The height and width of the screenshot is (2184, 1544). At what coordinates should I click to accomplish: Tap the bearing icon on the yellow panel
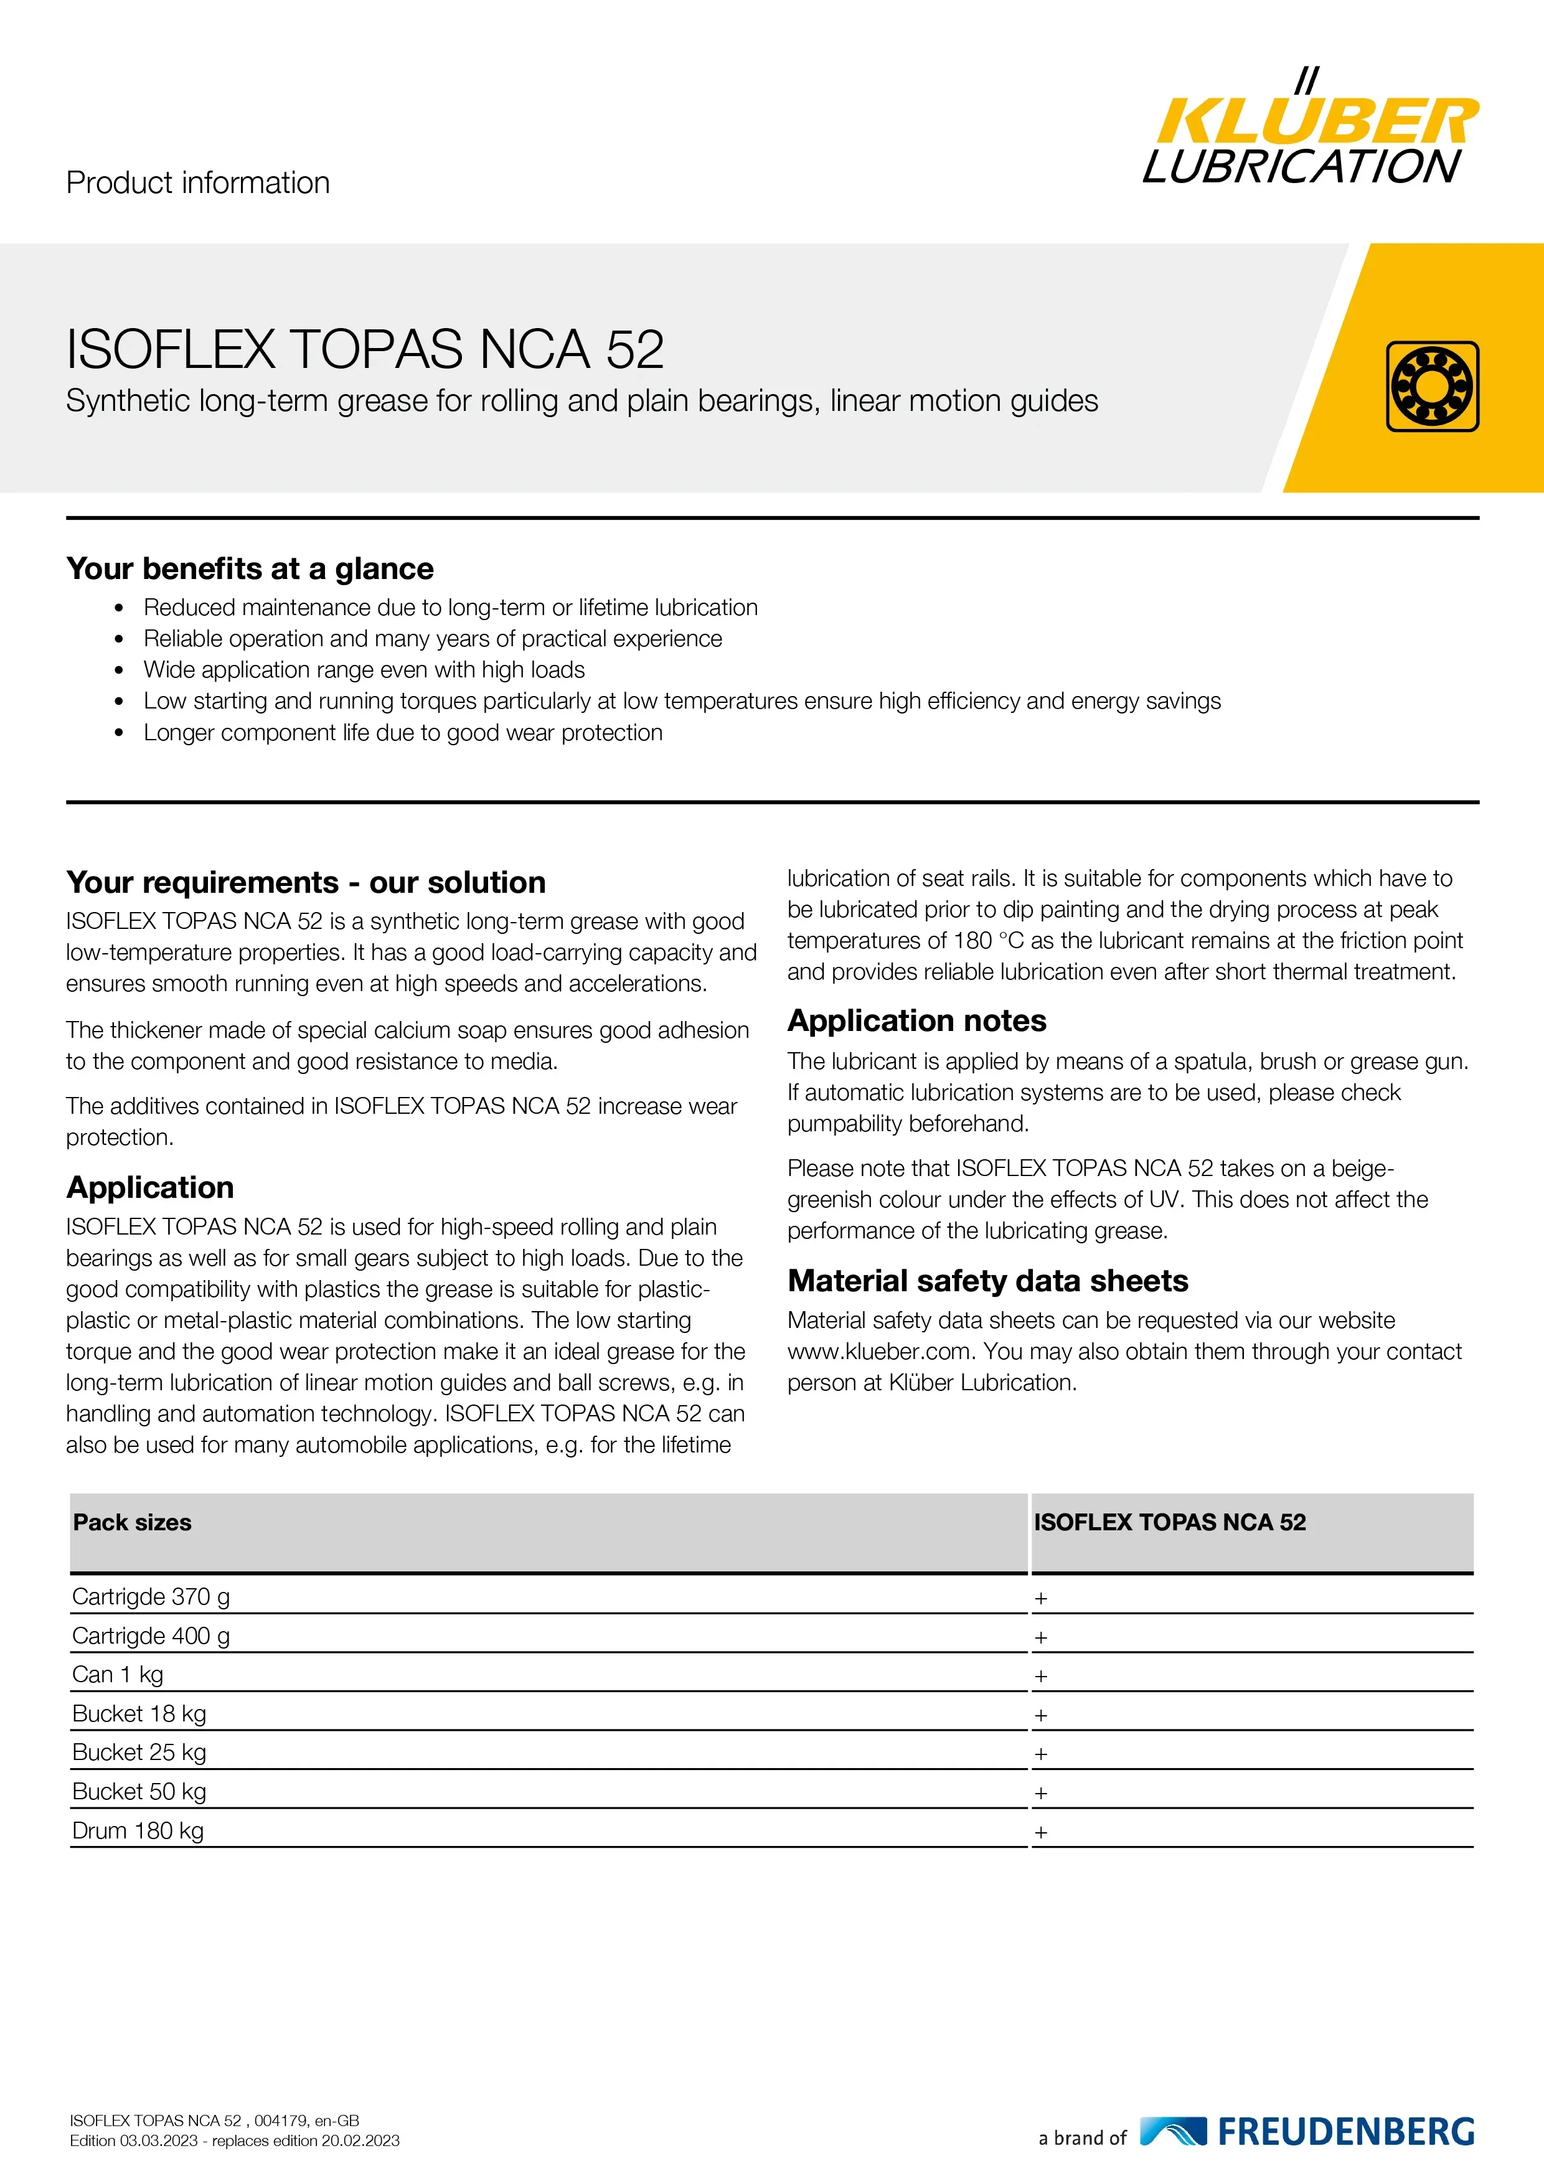click(1432, 386)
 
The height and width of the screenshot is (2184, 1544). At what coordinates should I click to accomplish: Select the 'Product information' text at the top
click(198, 182)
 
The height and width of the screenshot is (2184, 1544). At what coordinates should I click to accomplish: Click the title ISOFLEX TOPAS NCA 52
click(364, 349)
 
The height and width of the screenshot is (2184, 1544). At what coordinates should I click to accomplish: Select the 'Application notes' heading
click(916, 1020)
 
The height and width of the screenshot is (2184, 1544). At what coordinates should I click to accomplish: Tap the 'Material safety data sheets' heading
click(987, 1281)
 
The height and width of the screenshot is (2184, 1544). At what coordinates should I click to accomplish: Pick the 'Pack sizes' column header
click(132, 1523)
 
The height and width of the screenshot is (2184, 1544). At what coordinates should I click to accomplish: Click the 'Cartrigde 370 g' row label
click(151, 1597)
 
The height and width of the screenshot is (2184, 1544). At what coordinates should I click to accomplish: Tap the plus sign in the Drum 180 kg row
click(1041, 1832)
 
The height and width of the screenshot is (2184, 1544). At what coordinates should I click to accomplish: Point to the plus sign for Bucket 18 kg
click(1041, 1715)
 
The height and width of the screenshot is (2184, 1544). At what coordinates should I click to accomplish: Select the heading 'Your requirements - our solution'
click(305, 883)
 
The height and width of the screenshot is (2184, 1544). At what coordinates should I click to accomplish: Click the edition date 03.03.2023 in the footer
click(158, 2141)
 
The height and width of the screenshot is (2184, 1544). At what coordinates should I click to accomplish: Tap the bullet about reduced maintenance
click(450, 608)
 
